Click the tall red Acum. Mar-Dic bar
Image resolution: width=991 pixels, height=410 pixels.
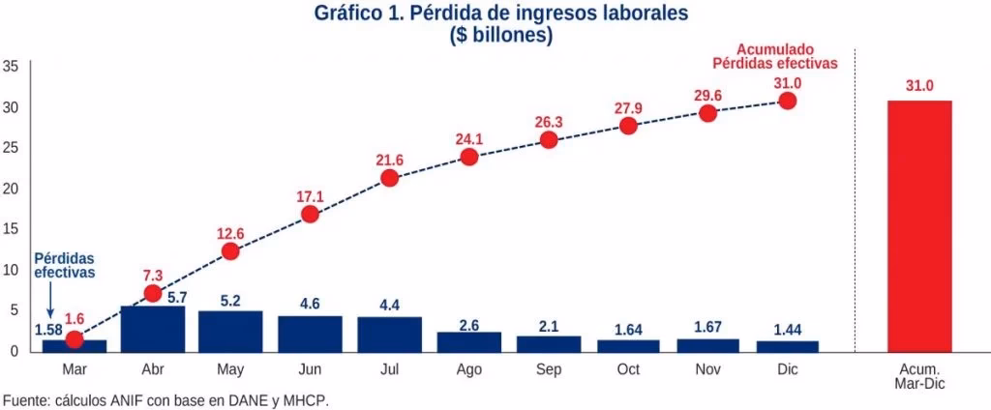coord(918,225)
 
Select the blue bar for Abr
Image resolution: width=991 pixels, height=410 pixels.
coord(152,329)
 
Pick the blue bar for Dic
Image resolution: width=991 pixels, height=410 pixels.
coord(787,345)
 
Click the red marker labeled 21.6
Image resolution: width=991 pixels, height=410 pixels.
coord(390,178)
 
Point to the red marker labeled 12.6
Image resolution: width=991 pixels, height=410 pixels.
coord(230,251)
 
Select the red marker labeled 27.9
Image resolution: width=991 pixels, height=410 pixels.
coord(628,126)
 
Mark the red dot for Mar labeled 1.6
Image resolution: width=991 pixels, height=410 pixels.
coord(74,339)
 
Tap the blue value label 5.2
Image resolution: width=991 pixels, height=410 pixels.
coord(230,300)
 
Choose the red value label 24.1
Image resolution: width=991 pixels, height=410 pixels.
coord(469,137)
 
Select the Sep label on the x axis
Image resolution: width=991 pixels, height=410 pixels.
coord(549,370)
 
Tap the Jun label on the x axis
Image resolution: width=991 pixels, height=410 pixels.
coord(310,370)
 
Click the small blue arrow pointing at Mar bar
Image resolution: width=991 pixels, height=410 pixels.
coord(50,307)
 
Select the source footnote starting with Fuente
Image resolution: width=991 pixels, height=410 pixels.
coord(172,398)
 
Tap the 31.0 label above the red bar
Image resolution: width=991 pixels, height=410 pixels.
coord(918,86)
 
